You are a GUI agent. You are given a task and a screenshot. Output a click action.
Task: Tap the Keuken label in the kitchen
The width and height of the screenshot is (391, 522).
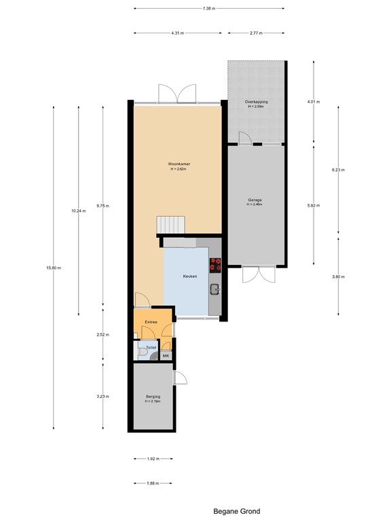[190, 277]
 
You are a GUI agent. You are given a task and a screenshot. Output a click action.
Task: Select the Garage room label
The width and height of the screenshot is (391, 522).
[255, 201]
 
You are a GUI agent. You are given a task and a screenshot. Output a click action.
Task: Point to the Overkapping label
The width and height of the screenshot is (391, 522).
[257, 102]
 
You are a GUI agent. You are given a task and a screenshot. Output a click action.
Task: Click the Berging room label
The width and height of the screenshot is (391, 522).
[152, 398]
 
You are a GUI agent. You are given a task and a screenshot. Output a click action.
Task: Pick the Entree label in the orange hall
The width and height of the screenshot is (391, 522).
[151, 322]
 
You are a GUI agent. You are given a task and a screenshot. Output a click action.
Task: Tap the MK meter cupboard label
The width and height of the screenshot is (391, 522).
[166, 355]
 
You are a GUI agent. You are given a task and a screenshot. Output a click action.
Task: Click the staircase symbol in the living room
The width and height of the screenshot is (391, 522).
[170, 224]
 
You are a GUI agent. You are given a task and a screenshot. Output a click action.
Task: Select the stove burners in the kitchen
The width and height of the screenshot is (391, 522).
[216, 264]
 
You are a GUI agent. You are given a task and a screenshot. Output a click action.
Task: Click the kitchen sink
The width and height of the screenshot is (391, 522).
[215, 290]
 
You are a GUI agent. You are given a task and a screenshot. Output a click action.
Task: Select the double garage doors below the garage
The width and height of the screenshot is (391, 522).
[259, 275]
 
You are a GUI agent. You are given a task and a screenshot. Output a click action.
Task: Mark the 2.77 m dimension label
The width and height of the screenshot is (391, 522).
[256, 33]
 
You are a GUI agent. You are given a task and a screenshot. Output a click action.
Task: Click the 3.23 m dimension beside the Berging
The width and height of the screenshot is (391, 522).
[103, 396]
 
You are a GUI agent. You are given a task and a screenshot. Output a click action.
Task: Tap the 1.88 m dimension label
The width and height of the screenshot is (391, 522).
[152, 483]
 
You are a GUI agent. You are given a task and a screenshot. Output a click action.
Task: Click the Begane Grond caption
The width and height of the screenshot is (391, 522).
[236, 511]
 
